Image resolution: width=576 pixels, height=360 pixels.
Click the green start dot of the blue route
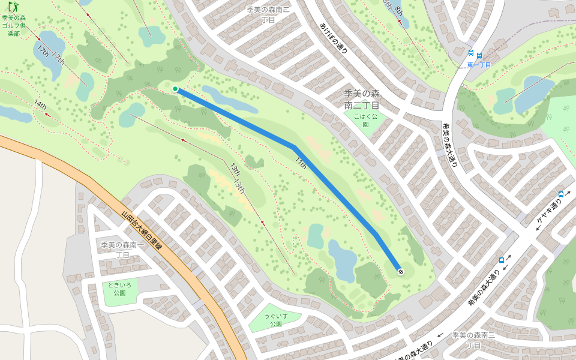click(x=175, y=89)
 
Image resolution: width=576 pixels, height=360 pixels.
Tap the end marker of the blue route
click(x=400, y=272)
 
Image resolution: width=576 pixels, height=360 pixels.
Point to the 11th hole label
click(x=301, y=163)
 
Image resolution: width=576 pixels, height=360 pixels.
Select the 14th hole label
click(x=40, y=105)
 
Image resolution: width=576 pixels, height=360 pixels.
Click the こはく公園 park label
click(x=365, y=120)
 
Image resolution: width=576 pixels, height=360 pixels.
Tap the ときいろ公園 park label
click(x=118, y=289)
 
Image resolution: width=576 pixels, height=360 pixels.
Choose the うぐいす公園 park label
click(x=275, y=319)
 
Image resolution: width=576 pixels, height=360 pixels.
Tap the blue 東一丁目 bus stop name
click(x=479, y=64)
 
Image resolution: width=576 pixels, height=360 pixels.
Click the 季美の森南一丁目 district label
click(x=122, y=250)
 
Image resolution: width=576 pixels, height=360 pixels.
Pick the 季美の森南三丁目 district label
click(x=474, y=340)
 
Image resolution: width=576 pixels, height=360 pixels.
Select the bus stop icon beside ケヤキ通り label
click(x=561, y=194)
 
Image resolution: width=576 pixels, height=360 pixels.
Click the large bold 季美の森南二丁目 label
click(x=362, y=99)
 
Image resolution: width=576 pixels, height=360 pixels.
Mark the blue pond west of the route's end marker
click(x=343, y=260)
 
